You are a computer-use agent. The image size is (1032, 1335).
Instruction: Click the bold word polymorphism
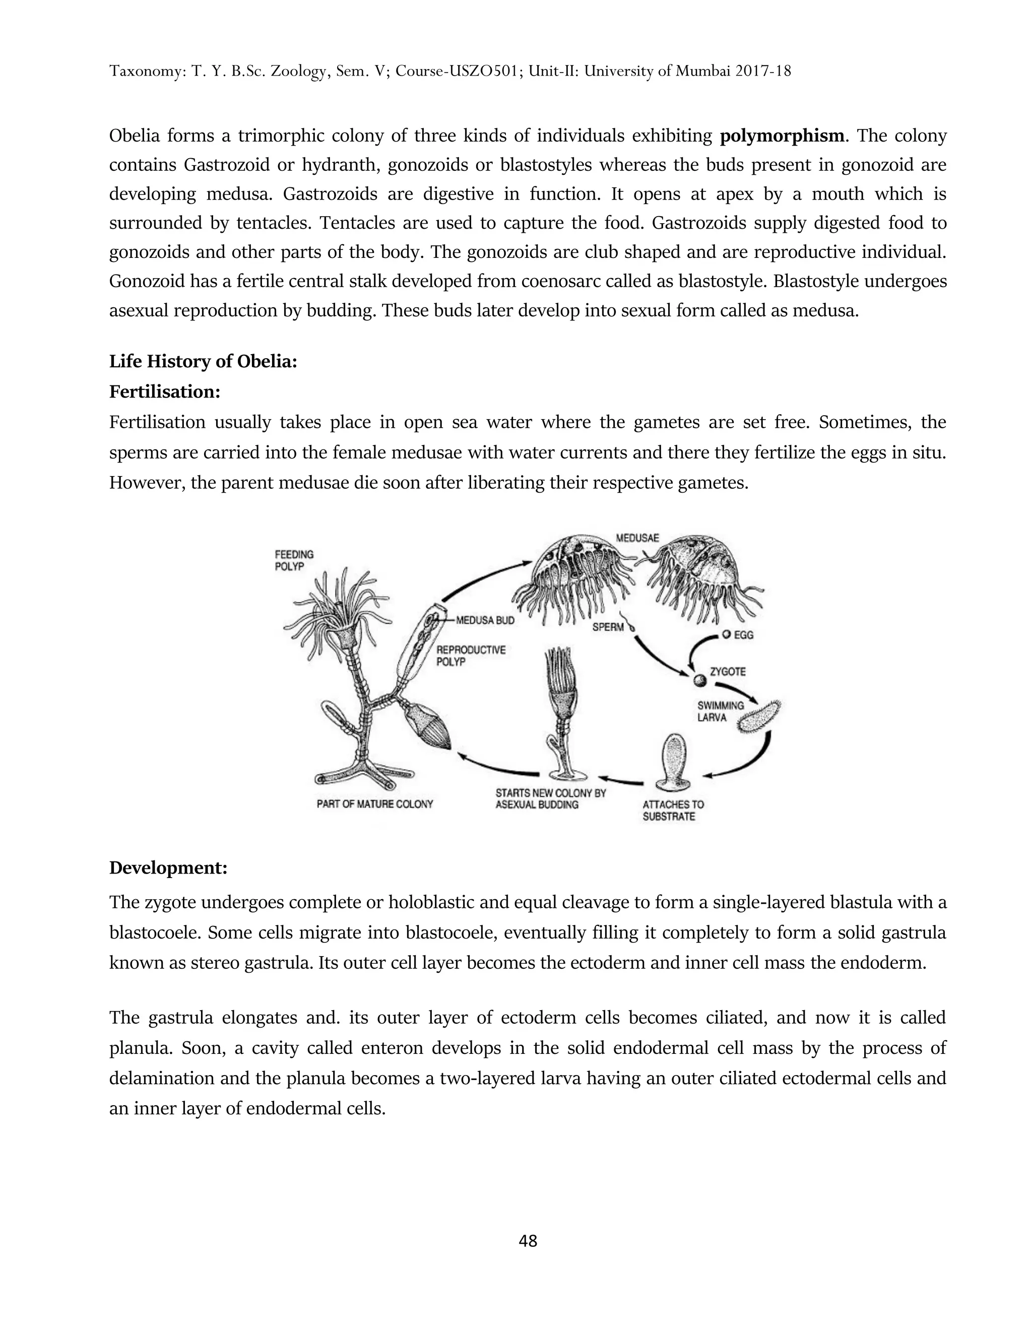(x=782, y=136)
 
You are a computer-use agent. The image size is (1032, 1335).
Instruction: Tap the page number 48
(x=528, y=1240)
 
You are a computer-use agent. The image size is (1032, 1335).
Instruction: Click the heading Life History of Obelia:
(x=203, y=361)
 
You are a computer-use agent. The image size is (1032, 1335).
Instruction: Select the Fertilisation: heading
(x=164, y=391)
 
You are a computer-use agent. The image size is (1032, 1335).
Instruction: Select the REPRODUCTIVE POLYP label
(x=470, y=655)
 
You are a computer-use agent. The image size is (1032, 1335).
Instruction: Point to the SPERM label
(x=608, y=627)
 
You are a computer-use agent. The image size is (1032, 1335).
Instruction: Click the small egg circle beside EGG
(x=726, y=634)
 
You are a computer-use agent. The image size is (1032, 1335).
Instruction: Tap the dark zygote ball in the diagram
(x=699, y=680)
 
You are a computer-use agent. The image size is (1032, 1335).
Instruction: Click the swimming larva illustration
(x=759, y=716)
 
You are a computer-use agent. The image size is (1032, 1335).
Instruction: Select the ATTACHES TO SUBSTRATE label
(x=673, y=811)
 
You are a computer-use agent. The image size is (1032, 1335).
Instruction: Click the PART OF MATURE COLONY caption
(x=374, y=804)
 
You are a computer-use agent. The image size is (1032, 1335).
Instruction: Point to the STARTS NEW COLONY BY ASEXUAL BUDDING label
(x=550, y=798)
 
